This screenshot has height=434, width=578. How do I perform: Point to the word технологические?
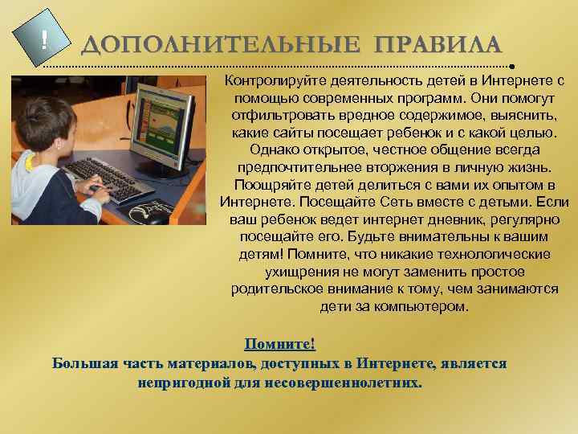(495, 254)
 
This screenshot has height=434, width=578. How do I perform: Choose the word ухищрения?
(295, 272)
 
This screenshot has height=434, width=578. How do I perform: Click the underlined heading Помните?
(280, 344)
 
